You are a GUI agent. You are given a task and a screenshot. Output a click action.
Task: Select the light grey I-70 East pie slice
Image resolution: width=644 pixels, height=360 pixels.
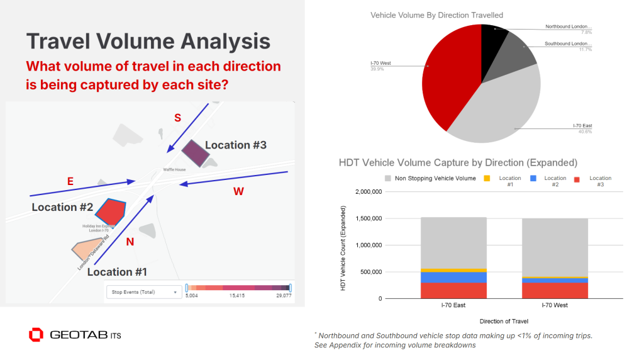coord(503,110)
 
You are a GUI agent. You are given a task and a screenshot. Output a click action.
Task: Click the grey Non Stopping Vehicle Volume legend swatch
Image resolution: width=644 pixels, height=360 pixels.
coord(388,179)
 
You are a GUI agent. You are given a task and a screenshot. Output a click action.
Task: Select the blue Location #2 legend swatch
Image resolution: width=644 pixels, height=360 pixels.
coord(533,179)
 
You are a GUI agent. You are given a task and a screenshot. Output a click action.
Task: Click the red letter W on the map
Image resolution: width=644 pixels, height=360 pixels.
coord(238,191)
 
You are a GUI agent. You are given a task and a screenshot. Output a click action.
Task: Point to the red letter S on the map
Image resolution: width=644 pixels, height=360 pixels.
coord(177,117)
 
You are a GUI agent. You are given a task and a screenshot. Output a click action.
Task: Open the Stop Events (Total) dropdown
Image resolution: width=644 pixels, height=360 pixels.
coord(143,291)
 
